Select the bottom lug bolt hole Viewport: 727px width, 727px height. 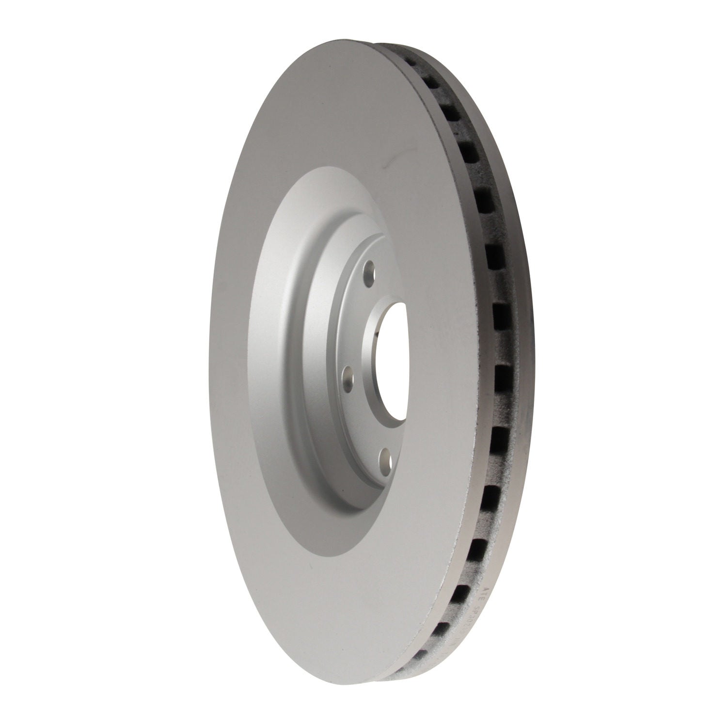click(386, 456)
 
